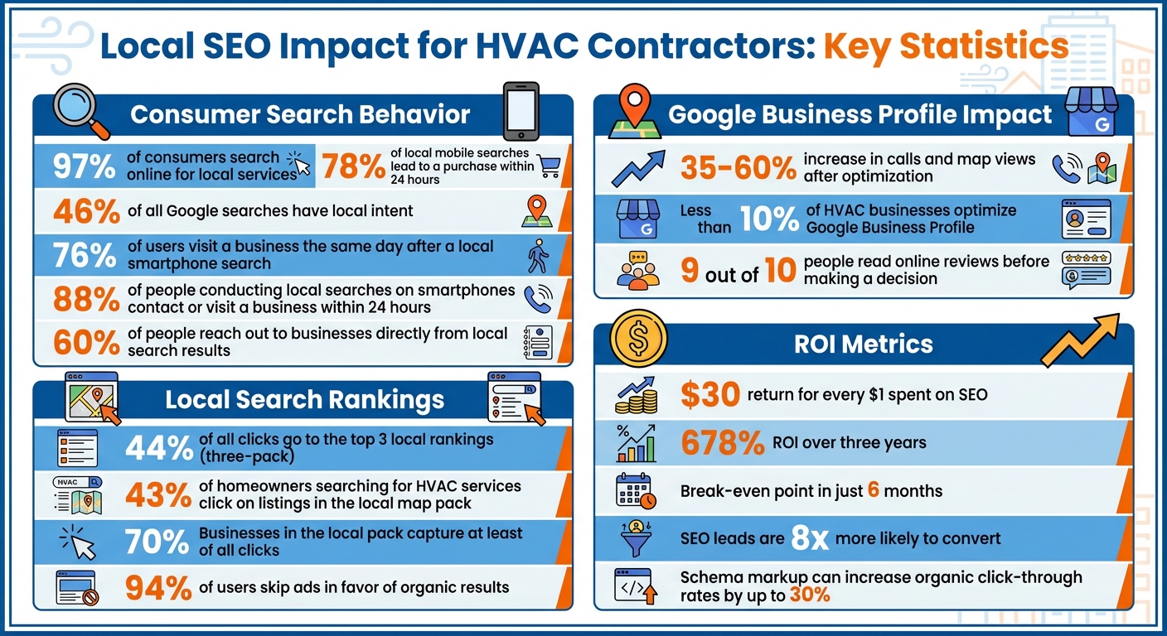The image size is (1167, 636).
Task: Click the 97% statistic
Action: pos(85,166)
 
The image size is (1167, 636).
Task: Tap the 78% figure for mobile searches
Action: pos(353,166)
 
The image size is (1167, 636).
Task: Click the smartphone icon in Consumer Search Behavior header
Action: pos(521,110)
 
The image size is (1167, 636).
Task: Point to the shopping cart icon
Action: pos(549,166)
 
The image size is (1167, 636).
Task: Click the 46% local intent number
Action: pos(86,211)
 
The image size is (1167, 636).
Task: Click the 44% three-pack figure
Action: pos(159,448)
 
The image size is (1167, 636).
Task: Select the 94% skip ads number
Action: pos(159,588)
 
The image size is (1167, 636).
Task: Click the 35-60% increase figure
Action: pos(738,168)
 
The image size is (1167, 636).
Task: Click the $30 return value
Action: pos(709,395)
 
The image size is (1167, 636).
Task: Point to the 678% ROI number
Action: pos(722,443)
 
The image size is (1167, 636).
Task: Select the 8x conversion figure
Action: pos(810,539)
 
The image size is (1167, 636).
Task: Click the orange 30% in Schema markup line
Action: pos(812,595)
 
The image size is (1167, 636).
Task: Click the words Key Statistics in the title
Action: pos(945,47)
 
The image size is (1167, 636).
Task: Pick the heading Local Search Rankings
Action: pos(305,400)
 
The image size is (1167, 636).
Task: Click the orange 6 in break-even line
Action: pos(873,490)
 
